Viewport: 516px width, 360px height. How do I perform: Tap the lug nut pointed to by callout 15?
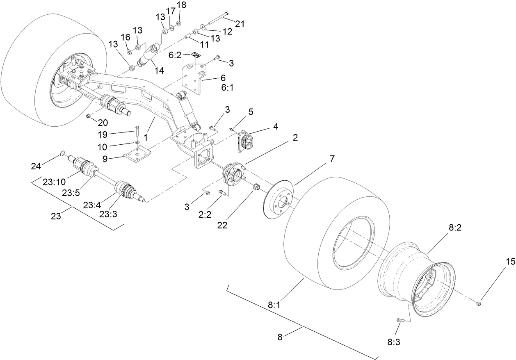coord(479,303)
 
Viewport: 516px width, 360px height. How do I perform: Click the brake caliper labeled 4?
coord(247,139)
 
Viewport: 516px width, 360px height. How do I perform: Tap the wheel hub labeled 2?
coord(232,173)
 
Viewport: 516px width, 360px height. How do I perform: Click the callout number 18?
coord(181,5)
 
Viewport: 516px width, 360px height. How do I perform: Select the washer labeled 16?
coord(128,51)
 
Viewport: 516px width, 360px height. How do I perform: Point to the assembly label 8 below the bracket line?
coord(280,337)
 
